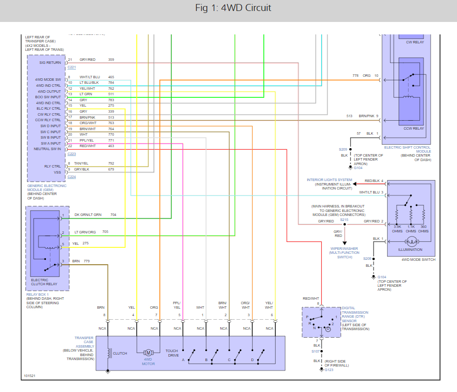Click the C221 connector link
(71, 67)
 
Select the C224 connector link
(71, 177)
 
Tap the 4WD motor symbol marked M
(148, 353)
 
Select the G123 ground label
(329, 370)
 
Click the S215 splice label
(344, 219)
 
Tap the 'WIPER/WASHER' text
(344, 248)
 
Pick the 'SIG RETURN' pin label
(50, 62)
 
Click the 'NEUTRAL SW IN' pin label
(47, 149)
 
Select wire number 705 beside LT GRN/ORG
(105, 231)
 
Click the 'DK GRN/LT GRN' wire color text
(88, 214)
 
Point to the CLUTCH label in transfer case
(120, 354)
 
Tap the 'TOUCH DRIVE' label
(172, 353)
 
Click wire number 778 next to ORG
(355, 76)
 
